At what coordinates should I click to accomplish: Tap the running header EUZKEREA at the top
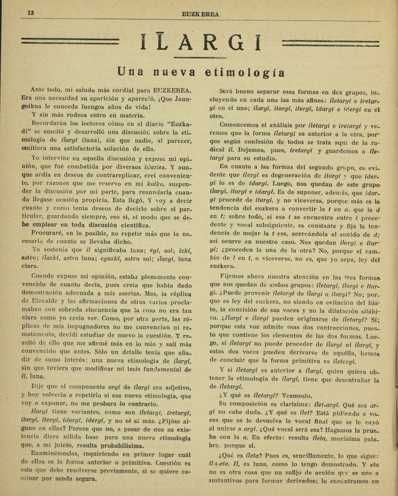[200, 14]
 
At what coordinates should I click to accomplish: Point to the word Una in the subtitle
[131, 71]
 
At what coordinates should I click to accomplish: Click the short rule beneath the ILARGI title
[200, 57]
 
